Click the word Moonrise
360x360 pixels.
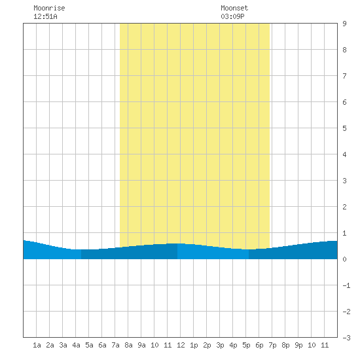(x=49, y=8)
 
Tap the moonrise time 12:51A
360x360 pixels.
(x=45, y=16)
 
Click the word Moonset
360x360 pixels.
(x=234, y=8)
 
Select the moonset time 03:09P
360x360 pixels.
(x=232, y=16)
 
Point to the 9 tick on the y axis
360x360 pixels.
(x=344, y=24)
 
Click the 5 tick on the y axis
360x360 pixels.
(x=344, y=128)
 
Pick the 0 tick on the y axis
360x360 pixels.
(x=344, y=259)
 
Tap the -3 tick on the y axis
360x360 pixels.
(x=346, y=338)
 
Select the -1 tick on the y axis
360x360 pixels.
(x=346, y=285)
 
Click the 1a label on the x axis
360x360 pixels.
(x=37, y=345)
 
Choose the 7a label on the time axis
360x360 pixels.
(x=115, y=345)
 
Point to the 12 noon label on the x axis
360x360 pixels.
(x=181, y=345)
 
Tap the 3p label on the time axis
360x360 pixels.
(x=220, y=345)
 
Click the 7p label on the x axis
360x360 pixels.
(x=272, y=345)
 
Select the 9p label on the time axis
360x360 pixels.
(x=298, y=345)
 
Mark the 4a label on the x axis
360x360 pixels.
(x=76, y=345)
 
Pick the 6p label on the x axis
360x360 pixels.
(x=259, y=345)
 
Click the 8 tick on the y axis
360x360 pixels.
(x=344, y=50)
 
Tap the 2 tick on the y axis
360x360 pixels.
(x=344, y=207)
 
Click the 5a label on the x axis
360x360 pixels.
(x=89, y=345)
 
